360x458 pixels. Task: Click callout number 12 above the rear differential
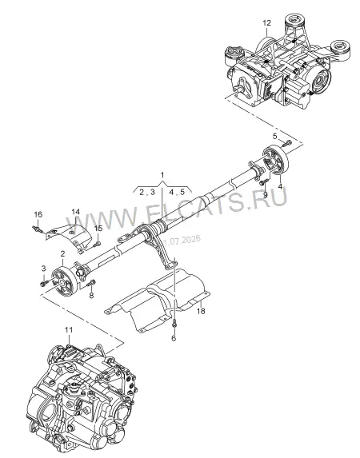pyautogui.click(x=266, y=23)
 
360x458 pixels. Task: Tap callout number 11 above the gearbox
pyautogui.click(x=69, y=330)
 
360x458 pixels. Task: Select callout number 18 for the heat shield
pyautogui.click(x=201, y=311)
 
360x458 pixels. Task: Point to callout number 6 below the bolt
pyautogui.click(x=174, y=338)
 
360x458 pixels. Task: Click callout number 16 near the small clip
pyautogui.click(x=38, y=214)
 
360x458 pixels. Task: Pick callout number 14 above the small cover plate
pyautogui.click(x=75, y=212)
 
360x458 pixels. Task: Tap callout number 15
pyautogui.click(x=98, y=228)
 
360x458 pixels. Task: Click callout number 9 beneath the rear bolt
pyautogui.click(x=266, y=194)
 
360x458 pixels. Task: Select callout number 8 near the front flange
pyautogui.click(x=91, y=295)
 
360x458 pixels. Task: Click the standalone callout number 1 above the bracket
pyautogui.click(x=162, y=175)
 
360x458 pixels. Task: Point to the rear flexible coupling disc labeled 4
pyautogui.click(x=275, y=160)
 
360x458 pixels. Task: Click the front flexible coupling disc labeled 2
pyautogui.click(x=64, y=281)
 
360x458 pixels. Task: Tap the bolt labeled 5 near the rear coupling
pyautogui.click(x=286, y=143)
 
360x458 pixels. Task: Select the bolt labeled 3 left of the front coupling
pyautogui.click(x=45, y=283)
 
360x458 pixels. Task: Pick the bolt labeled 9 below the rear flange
pyautogui.click(x=263, y=183)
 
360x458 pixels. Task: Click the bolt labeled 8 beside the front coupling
pyautogui.click(x=90, y=283)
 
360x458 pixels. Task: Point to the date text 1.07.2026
pyautogui.click(x=183, y=240)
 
